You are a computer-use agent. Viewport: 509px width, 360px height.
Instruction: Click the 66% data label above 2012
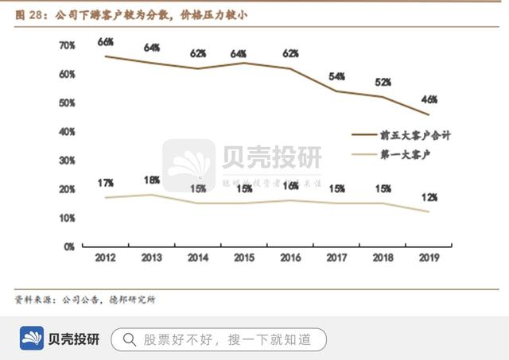107,41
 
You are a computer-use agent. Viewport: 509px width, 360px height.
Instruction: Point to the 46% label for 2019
429,99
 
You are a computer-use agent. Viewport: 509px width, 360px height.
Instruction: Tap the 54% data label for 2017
336,76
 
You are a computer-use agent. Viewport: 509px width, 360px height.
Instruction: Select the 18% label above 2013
152,180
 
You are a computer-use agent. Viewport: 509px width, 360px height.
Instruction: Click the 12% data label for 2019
429,196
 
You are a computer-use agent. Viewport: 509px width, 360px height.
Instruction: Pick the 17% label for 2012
107,183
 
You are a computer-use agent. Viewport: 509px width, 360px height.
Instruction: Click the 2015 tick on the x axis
244,257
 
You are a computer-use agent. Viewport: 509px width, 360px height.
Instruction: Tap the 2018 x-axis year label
383,257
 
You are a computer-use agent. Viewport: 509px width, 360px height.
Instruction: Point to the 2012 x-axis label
106,257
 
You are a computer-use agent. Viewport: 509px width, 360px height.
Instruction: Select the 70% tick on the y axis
67,45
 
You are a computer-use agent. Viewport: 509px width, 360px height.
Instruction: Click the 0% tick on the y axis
69,246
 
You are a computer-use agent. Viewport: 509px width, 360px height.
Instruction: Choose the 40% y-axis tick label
67,131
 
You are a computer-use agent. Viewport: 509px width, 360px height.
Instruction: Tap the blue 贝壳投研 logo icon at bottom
32,339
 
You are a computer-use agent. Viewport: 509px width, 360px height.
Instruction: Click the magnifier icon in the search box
128,340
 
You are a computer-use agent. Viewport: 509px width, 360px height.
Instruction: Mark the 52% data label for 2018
383,83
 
